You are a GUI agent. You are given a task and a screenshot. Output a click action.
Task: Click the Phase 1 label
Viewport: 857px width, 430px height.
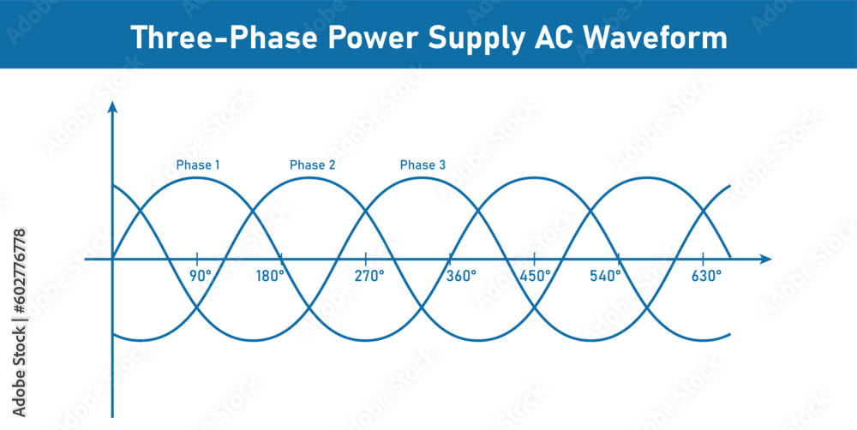[198, 164]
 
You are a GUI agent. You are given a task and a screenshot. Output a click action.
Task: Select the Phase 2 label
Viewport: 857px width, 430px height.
[313, 164]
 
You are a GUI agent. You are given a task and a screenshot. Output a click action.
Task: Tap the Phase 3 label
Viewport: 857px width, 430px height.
[423, 164]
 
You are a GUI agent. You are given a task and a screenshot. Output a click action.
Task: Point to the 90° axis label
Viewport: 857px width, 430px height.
[201, 277]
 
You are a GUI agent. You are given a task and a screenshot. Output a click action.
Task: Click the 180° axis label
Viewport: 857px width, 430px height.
[270, 277]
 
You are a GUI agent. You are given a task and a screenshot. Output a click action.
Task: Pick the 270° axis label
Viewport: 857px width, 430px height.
[369, 277]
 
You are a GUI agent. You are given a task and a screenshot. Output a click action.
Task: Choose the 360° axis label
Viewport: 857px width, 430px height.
[460, 277]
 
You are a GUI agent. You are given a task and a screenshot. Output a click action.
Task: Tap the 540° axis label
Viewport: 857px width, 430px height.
[606, 277]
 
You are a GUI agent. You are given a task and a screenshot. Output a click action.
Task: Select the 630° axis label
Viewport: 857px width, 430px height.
[706, 277]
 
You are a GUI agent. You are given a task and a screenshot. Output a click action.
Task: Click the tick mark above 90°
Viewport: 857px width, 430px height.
[197, 259]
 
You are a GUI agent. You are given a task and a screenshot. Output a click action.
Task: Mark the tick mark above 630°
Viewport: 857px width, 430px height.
[703, 259]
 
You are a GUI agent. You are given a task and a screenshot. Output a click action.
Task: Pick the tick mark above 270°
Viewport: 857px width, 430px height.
[366, 259]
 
